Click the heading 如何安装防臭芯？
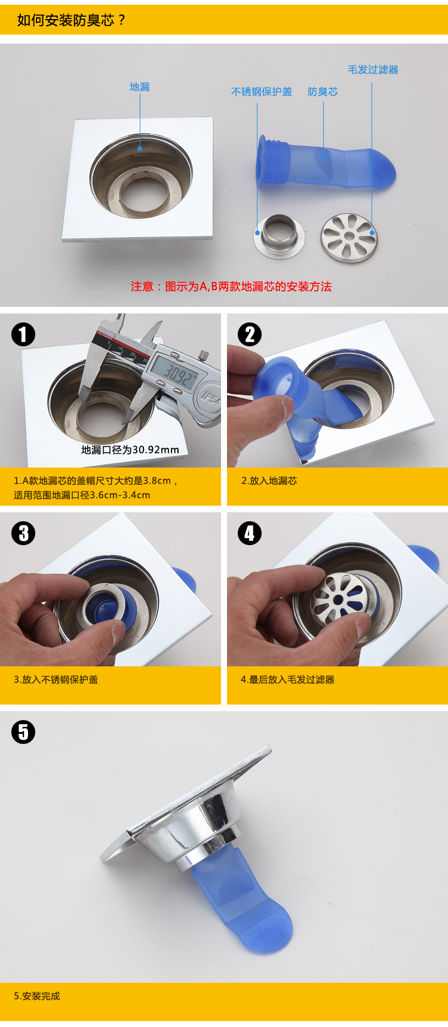(72, 20)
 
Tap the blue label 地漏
(140, 87)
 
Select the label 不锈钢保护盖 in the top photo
(262, 92)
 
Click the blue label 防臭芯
(323, 92)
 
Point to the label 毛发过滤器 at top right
(373, 70)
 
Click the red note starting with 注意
(231, 287)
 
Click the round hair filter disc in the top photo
(349, 238)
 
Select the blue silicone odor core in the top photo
(326, 164)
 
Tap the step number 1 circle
(23, 334)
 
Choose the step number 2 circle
(250, 334)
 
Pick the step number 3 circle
(23, 533)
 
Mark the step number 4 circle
(250, 533)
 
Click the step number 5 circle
(23, 732)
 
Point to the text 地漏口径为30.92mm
(130, 450)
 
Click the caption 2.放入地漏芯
(269, 481)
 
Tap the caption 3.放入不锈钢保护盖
(56, 679)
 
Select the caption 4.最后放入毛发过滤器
(287, 679)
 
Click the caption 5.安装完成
(37, 996)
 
